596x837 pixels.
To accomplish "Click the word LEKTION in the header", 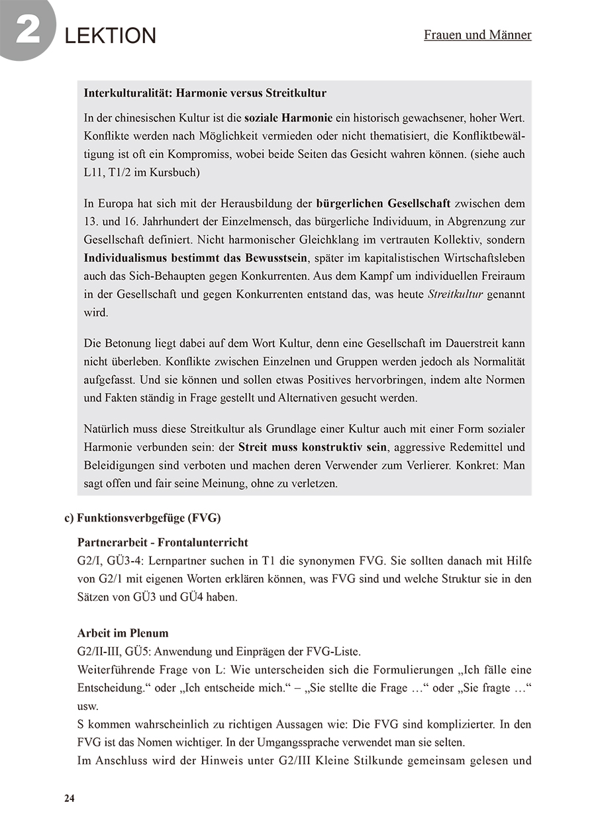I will (x=111, y=36).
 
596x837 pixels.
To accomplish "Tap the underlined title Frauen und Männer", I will (x=477, y=34).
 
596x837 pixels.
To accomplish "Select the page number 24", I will (x=70, y=798).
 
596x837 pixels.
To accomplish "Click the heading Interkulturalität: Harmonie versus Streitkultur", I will (x=205, y=93).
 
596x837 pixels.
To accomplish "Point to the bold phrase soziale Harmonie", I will (x=289, y=118).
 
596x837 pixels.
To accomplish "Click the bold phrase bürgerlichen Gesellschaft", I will (x=384, y=203).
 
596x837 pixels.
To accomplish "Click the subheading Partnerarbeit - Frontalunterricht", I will (x=163, y=543).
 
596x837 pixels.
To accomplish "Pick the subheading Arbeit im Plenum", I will (x=123, y=633).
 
